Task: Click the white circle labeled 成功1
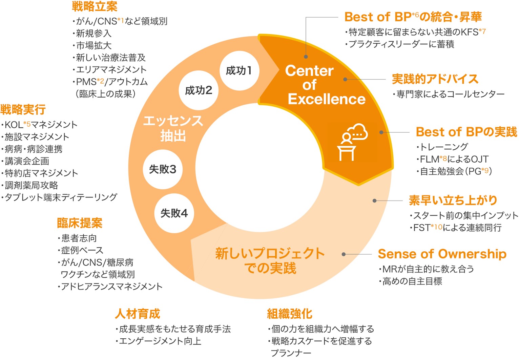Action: coord(239,70)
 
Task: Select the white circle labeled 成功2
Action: coord(199,90)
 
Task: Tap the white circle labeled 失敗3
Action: coord(163,169)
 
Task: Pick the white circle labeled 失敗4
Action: coord(174,213)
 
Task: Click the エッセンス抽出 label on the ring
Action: coord(173,128)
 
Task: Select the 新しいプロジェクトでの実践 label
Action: coord(270,260)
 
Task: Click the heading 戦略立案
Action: coord(95,6)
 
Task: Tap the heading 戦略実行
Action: coord(23,110)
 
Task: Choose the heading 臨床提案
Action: coord(80,223)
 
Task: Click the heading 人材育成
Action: coord(137,314)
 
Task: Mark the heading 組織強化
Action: coord(290,314)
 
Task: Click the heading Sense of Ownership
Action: coord(442,254)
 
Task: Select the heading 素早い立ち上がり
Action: coord(453,200)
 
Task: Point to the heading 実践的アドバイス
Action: coord(435,79)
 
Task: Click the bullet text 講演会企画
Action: coord(27,161)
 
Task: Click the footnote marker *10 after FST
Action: coord(437,227)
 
